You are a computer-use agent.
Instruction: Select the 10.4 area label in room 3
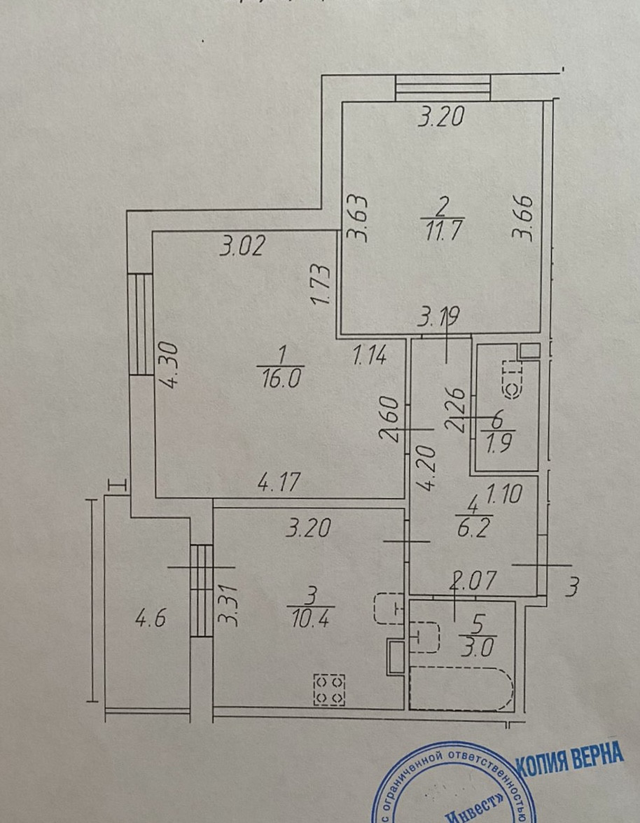(310, 619)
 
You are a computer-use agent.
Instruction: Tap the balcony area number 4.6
(148, 620)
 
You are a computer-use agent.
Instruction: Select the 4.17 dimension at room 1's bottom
(279, 483)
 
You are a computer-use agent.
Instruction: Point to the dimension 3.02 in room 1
(242, 247)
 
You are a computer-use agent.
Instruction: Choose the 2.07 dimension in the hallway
(473, 580)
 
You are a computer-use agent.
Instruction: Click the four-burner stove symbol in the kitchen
(329, 689)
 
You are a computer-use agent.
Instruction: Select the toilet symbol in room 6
(515, 377)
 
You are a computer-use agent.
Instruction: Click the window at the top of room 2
(443, 88)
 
